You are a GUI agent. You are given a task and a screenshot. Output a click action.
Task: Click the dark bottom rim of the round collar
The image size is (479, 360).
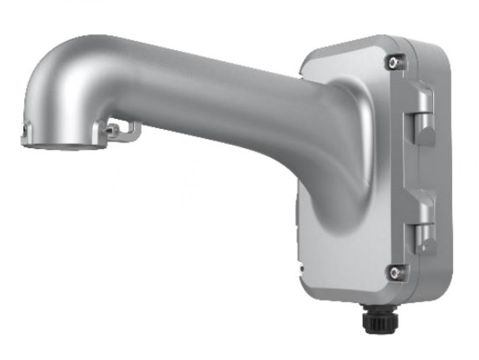pyautogui.click(x=63, y=147)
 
